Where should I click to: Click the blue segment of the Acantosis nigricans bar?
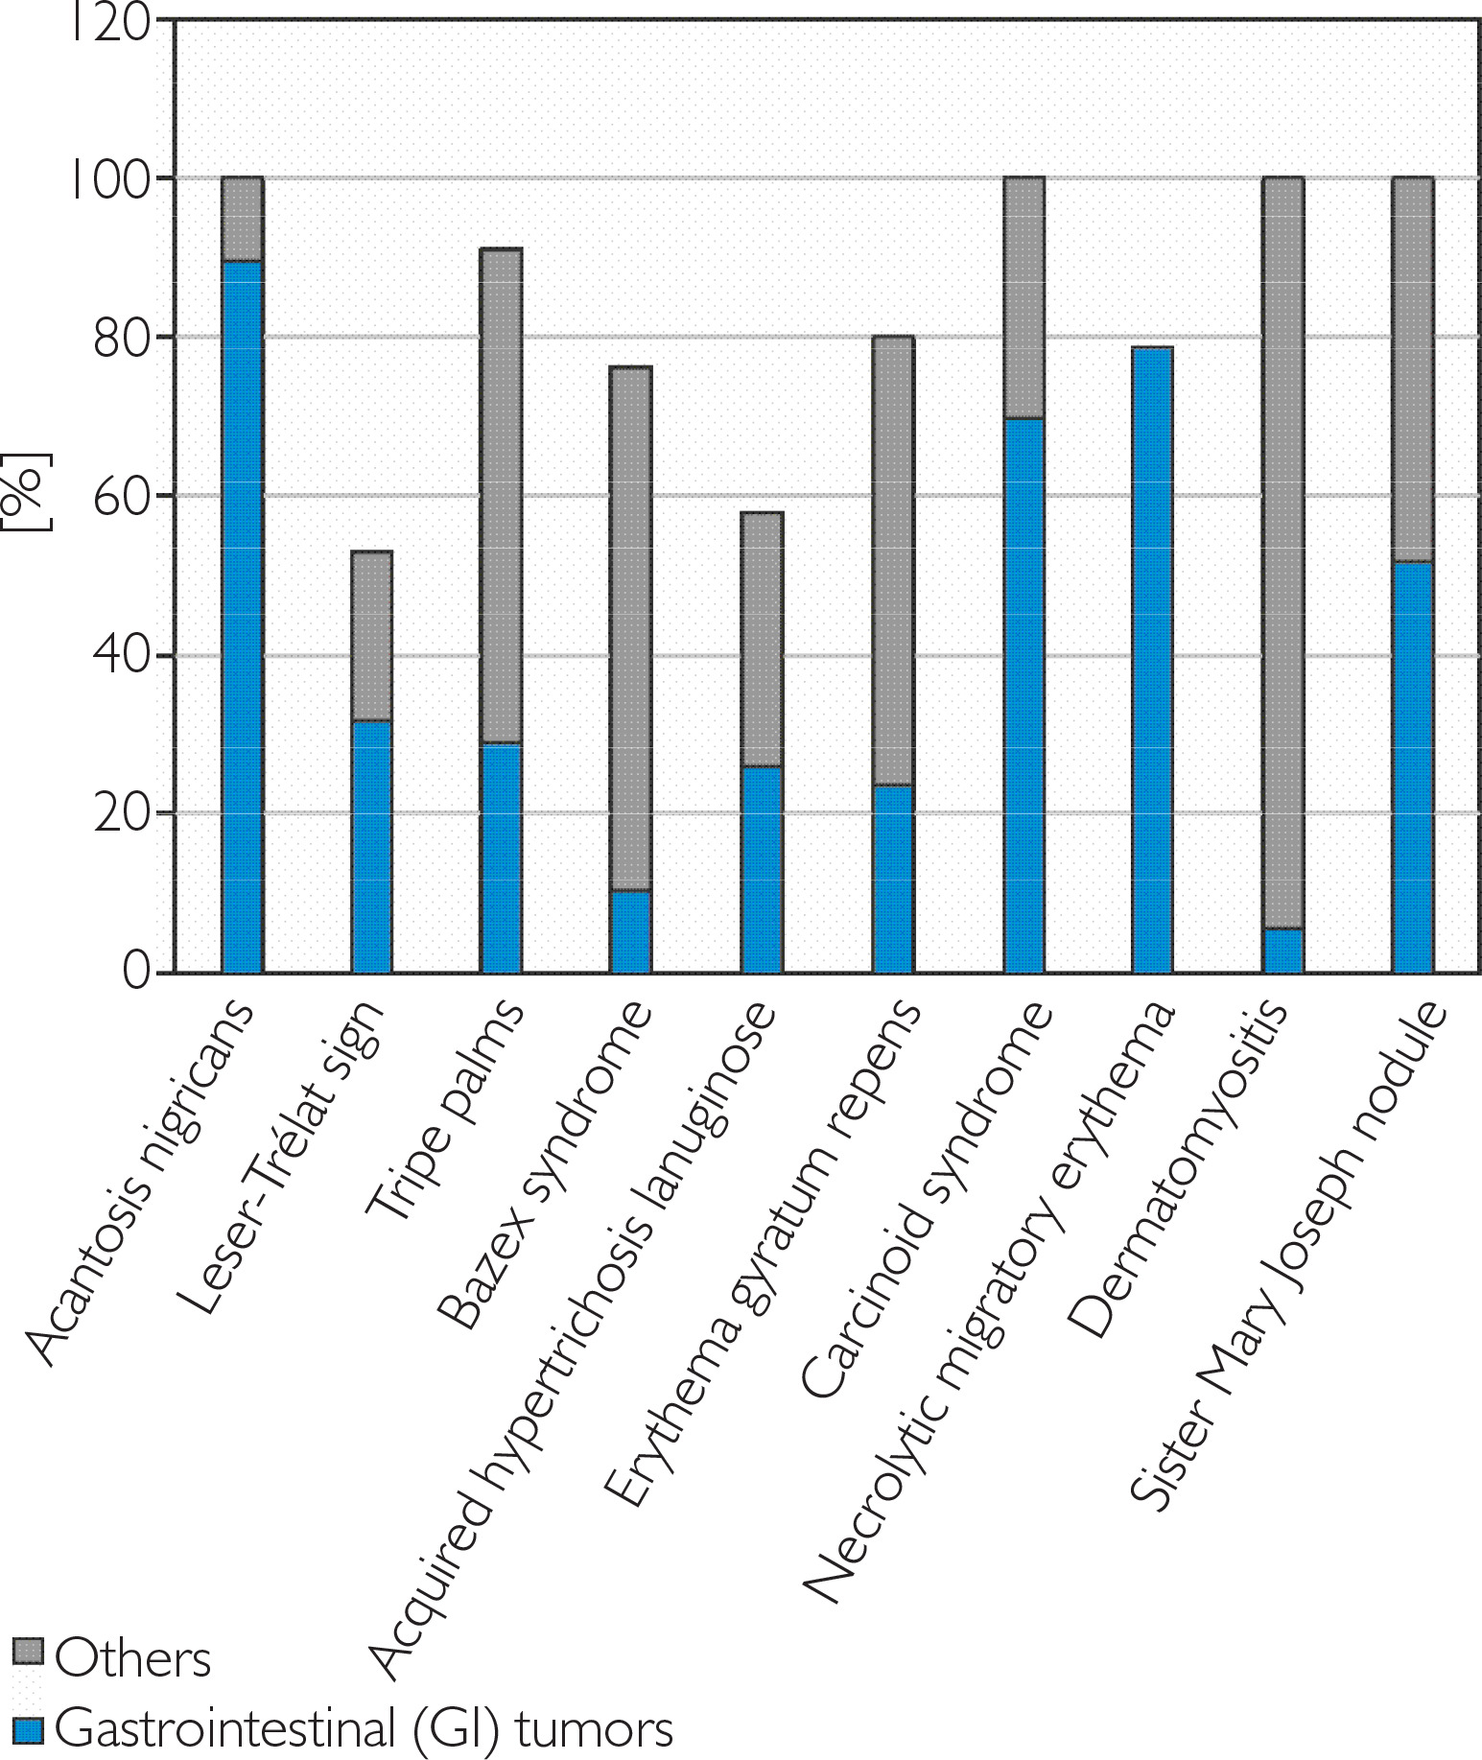[242, 614]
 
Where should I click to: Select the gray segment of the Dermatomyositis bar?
[1282, 551]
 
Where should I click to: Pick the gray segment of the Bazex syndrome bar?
[630, 628]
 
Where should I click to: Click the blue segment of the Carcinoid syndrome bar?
[1023, 695]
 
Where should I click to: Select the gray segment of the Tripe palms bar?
[502, 495]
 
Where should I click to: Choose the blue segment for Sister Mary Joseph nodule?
[1413, 767]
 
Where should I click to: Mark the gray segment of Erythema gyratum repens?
[893, 560]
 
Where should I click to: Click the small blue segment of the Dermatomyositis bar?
[1282, 950]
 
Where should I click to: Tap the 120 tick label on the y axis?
[110, 21]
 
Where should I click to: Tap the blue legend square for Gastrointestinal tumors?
[28, 1729]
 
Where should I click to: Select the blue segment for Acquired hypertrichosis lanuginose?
[762, 869]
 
